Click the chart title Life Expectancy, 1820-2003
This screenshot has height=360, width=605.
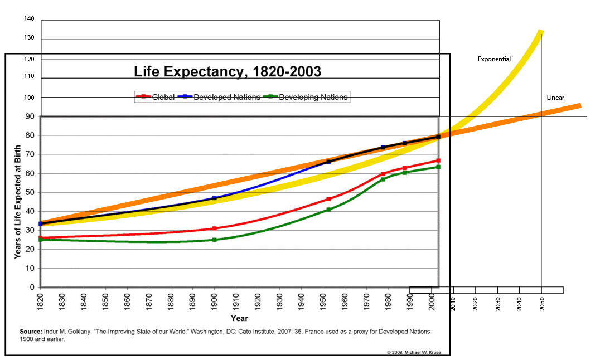coord(228,71)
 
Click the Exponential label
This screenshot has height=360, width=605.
coord(494,59)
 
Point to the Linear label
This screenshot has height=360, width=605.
coord(555,98)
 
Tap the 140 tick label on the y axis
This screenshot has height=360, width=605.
coord(30,19)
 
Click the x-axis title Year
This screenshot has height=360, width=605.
coord(239,319)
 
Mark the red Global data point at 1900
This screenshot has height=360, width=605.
coord(215,228)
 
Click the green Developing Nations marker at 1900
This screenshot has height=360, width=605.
coord(215,240)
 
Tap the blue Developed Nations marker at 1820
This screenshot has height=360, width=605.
coord(41,223)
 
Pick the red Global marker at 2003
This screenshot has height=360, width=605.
coord(438,160)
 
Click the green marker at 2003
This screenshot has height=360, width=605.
coord(438,167)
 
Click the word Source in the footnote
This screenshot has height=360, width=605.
coord(31,332)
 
